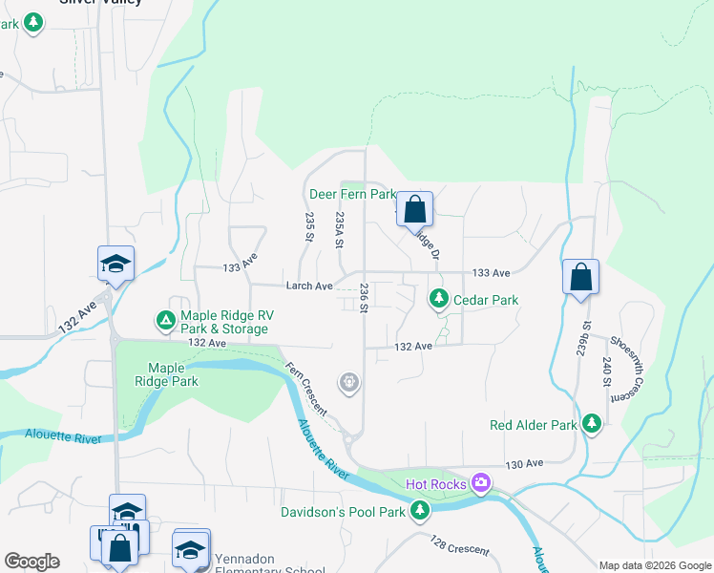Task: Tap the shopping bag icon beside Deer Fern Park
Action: tap(414, 209)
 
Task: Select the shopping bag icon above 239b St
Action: tap(580, 278)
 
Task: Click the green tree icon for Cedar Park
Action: tap(438, 300)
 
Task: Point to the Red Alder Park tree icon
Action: tap(592, 424)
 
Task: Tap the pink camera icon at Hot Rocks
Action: tap(480, 484)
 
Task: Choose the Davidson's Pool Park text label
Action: tap(344, 513)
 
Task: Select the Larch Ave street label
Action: tap(308, 286)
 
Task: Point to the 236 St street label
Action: tap(364, 298)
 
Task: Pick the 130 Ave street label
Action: tap(523, 463)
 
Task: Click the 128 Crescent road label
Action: tap(459, 545)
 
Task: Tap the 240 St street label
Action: tap(606, 371)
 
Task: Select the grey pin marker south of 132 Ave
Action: tap(350, 384)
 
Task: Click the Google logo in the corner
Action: tap(31, 562)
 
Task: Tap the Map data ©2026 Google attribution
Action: tap(655, 565)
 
